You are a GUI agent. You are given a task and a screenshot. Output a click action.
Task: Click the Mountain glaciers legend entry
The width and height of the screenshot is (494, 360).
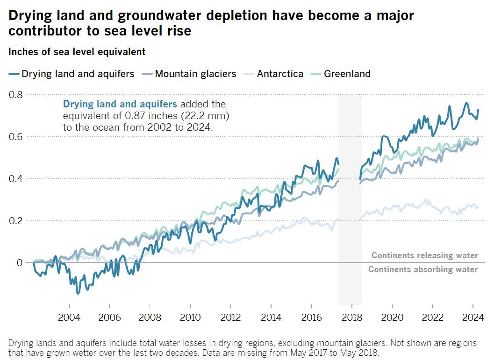(x=195, y=74)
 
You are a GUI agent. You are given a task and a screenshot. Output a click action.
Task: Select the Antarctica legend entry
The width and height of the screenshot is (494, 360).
(x=280, y=74)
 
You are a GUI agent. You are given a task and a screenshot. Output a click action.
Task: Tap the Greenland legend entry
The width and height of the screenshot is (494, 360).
(x=347, y=74)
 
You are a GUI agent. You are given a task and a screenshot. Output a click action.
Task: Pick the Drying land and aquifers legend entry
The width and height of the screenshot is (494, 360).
(x=78, y=74)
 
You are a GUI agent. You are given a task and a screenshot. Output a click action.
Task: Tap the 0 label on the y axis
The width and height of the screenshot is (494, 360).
(x=20, y=263)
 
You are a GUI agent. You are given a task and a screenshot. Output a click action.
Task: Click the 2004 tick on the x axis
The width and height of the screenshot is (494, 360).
(x=69, y=318)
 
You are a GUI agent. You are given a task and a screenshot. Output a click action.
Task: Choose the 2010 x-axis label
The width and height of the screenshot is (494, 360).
(x=190, y=318)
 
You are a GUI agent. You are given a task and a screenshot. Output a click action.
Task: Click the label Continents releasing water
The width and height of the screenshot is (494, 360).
(x=425, y=255)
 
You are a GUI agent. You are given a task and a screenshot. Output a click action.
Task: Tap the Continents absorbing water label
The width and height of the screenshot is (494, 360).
(x=423, y=269)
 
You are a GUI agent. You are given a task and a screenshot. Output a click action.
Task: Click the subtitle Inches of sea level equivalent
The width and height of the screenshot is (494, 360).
(x=77, y=52)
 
